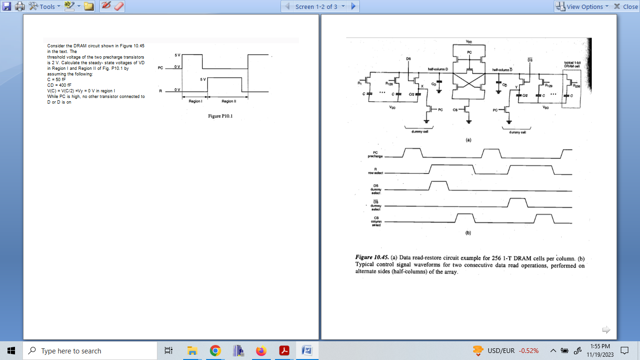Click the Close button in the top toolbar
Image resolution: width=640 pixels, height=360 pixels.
[x=626, y=7]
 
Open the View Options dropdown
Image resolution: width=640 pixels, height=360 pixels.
[x=582, y=7]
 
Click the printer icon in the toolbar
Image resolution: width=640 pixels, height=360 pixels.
[x=20, y=7]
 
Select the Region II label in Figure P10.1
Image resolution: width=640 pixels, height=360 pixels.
[x=228, y=101]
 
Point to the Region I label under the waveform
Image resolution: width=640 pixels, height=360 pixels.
[x=195, y=101]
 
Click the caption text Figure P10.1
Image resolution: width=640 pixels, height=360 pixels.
[x=220, y=117]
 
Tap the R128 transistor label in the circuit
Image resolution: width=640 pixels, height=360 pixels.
[x=389, y=83]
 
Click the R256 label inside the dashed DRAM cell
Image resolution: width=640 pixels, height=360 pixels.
[x=576, y=86]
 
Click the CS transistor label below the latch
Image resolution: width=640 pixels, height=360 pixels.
[x=455, y=110]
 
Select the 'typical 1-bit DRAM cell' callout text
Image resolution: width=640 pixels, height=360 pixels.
[x=573, y=64]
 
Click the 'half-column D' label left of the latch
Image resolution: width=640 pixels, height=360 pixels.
[x=438, y=69]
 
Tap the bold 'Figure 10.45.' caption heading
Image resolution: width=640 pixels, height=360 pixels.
[x=372, y=258]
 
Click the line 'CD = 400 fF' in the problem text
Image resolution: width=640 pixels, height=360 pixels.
[x=59, y=85]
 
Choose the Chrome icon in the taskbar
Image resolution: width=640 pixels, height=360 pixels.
[x=215, y=351]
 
